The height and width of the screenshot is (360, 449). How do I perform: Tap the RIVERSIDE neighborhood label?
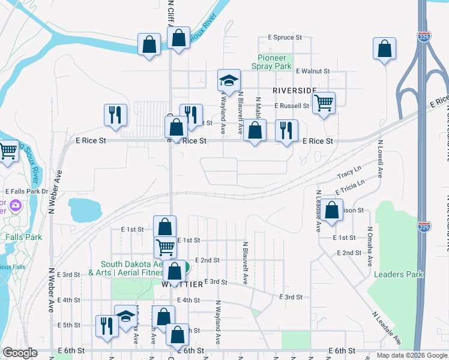click(x=294, y=90)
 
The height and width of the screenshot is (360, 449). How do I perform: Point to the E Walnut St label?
click(x=313, y=71)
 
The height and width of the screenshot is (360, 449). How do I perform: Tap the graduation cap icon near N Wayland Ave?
click(x=228, y=80)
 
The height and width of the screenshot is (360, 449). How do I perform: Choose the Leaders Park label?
click(x=398, y=274)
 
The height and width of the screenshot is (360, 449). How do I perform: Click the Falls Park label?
click(x=23, y=237)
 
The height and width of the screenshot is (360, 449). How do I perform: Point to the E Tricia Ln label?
click(x=350, y=187)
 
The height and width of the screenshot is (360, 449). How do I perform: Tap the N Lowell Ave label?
click(x=380, y=160)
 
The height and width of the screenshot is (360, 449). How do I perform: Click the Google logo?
click(x=20, y=353)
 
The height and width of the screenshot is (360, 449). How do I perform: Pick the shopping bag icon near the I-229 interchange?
click(x=384, y=49)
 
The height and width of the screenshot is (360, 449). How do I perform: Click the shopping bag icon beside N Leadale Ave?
click(x=331, y=210)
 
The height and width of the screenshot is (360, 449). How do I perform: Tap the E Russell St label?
click(x=292, y=106)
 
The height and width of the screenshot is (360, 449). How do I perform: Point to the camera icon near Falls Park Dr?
click(x=14, y=206)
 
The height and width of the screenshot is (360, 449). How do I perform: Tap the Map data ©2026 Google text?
click(x=411, y=355)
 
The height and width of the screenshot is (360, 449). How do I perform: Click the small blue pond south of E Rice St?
click(x=83, y=209)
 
